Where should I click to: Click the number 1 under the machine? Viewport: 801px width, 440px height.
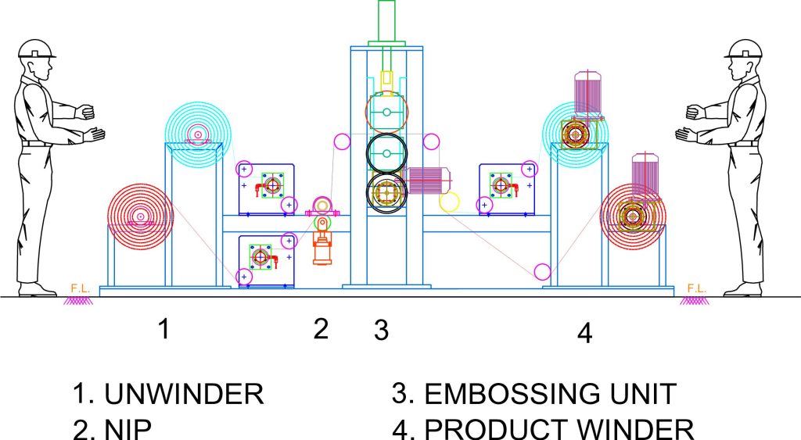tap(163, 329)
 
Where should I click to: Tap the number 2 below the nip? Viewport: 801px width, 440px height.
tap(321, 329)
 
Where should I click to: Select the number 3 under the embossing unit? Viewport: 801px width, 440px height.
tap(381, 331)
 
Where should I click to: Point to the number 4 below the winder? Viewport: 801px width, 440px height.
tap(584, 334)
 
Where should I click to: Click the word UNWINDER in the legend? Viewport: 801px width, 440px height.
tap(184, 394)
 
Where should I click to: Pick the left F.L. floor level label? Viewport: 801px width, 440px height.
tap(80, 288)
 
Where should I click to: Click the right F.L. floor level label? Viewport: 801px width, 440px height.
tap(696, 288)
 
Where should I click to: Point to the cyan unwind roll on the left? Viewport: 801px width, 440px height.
tap(199, 135)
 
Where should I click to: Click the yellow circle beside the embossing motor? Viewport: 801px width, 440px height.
tap(450, 202)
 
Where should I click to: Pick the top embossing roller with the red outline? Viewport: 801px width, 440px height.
tap(387, 112)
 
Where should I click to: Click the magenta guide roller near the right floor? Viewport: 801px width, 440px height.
tap(541, 272)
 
